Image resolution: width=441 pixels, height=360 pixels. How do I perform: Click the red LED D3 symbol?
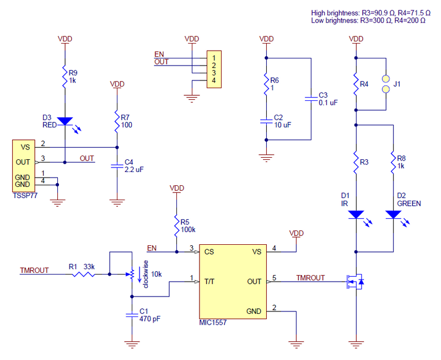pos(65,121)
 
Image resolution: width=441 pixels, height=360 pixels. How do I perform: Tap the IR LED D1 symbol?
pos(357,214)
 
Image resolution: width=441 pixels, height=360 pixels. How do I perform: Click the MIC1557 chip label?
pos(212,323)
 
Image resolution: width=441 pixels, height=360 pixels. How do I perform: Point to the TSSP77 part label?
pos(25,196)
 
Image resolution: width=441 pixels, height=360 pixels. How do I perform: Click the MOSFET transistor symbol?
pos(353,282)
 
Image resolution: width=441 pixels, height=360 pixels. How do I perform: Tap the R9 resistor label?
pos(73,72)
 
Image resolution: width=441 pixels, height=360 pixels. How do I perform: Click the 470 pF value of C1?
pos(150,319)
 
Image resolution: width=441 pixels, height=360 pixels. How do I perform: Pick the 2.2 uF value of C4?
pos(134,170)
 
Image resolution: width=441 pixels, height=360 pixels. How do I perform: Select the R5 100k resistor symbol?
pos(176,225)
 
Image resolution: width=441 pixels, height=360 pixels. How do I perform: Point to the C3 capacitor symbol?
pos(311,99)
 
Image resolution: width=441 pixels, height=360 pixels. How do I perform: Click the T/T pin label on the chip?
pos(210,282)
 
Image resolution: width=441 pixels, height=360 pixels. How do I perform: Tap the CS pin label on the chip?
pos(209,252)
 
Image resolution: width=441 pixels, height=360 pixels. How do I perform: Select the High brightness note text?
pos(368,13)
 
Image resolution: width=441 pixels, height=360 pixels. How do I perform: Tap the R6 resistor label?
pos(275,80)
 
